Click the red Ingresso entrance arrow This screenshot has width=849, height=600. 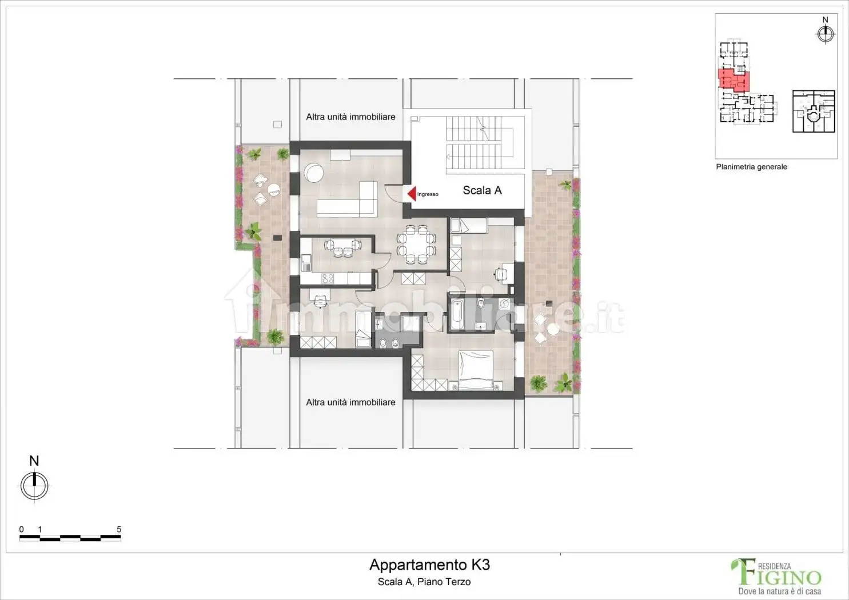pos(412,194)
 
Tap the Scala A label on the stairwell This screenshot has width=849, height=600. pos(482,190)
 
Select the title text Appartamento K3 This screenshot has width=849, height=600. pos(429,565)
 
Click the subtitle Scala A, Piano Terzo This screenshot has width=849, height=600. pos(424,582)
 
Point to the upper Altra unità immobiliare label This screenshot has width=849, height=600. pos(350,117)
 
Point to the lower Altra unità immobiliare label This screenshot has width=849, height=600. pos(350,402)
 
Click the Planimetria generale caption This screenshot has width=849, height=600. pos(751,167)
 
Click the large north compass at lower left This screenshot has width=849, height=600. pos(34,486)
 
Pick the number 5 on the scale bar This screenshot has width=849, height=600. pos(119,529)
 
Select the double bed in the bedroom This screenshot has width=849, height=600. pos(475,369)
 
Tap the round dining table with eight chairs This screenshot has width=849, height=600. pos(416,245)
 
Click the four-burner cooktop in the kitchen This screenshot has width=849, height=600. pos(328,278)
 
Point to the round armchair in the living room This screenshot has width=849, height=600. pos(313,172)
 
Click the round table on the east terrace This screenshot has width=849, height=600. pos(553,330)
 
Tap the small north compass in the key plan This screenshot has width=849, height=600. pos(824,34)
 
